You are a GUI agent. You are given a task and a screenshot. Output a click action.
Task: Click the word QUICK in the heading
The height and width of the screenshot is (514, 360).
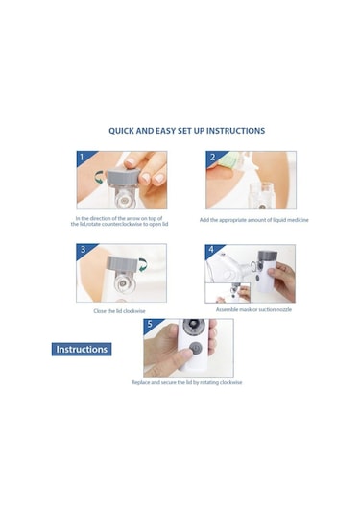click(125, 130)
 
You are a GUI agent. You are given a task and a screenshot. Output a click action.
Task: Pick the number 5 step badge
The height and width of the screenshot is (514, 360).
click(150, 326)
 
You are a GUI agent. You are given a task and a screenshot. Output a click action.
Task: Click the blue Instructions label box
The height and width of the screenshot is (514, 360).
click(82, 349)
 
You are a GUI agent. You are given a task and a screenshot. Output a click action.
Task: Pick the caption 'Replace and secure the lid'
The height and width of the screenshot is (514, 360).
click(187, 382)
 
